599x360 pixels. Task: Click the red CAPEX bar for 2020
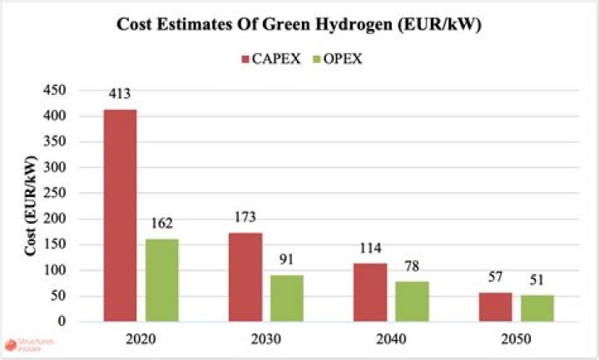click(120, 215)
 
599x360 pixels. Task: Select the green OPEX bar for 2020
click(161, 280)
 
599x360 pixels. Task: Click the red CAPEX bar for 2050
click(496, 307)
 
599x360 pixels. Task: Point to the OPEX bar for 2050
click(537, 308)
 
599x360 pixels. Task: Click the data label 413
click(120, 94)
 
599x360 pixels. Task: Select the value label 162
click(161, 224)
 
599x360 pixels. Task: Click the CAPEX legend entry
click(265, 58)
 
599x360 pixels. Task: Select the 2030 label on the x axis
click(265, 340)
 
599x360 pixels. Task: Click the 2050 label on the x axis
click(516, 340)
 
